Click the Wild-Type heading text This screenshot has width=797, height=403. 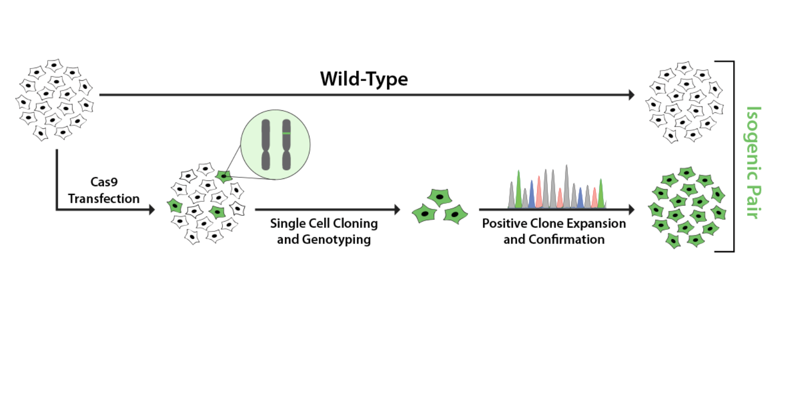(x=363, y=79)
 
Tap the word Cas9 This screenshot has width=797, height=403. (x=104, y=182)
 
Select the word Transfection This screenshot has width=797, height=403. (x=104, y=198)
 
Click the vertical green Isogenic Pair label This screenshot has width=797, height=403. (x=753, y=162)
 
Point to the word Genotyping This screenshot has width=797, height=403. (x=336, y=240)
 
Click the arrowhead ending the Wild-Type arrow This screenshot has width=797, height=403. (x=631, y=95)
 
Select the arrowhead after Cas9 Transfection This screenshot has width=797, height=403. (x=152, y=210)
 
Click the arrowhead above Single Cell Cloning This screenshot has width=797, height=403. (x=397, y=210)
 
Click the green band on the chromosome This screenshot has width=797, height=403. (x=287, y=133)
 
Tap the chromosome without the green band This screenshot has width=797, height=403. (x=266, y=145)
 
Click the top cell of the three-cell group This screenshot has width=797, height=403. (x=440, y=197)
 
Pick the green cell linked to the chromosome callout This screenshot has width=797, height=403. (x=224, y=176)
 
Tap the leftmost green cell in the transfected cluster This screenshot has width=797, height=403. (x=175, y=206)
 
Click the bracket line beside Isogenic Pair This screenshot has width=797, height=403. (x=733, y=156)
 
